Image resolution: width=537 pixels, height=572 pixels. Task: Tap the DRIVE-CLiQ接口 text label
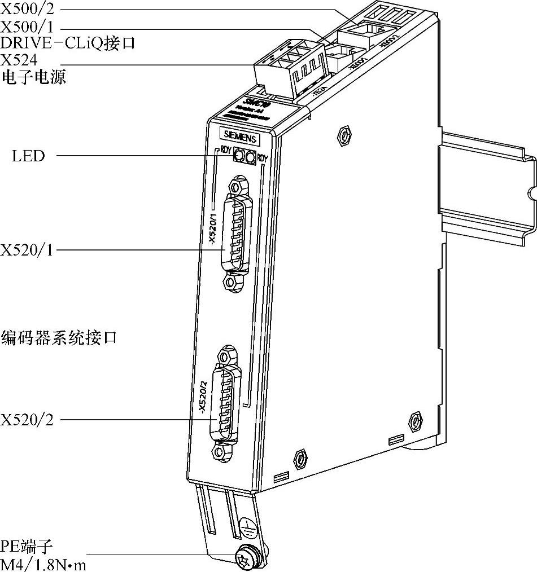pos(68,42)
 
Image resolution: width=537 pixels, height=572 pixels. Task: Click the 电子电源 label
pos(33,76)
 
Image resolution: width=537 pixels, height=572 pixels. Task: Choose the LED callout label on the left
pos(28,156)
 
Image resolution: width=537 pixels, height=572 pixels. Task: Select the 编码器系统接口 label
pos(59,337)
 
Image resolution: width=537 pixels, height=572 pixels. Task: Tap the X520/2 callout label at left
pos(27,420)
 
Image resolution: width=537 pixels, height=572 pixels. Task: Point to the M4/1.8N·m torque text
pos(43,564)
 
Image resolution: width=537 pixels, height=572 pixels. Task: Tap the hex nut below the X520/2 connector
pos(221,452)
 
